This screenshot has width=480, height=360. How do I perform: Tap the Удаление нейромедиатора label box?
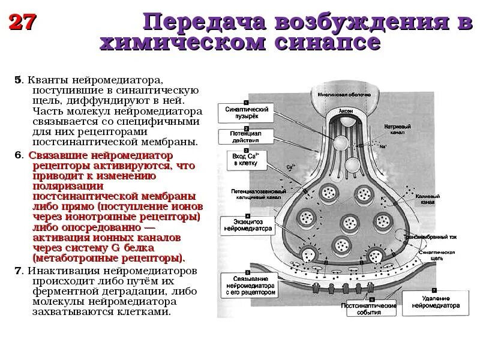[x=436, y=301]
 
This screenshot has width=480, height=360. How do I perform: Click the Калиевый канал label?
[x=432, y=199]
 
